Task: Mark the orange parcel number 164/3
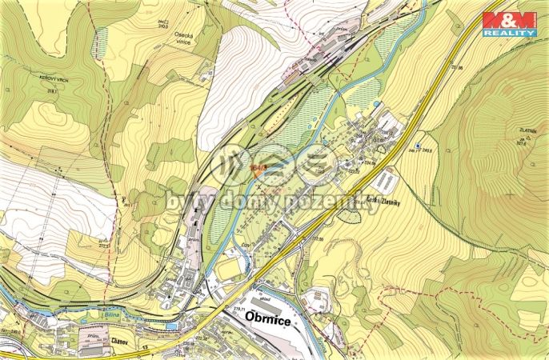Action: pyautogui.click(x=257, y=168)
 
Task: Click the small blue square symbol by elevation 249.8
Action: pyautogui.click(x=418, y=145)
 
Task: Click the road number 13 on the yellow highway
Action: pyautogui.click(x=146, y=350)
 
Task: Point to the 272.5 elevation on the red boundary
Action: pyautogui.click(x=105, y=240)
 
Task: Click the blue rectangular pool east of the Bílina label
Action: pyautogui.click(x=170, y=326)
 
